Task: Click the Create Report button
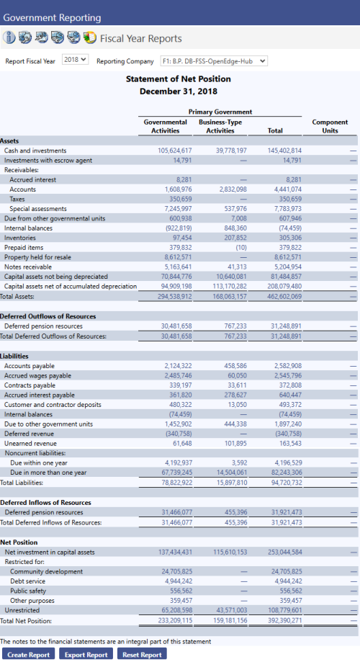tap(29, 654)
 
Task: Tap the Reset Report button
tap(143, 654)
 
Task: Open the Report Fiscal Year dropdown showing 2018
tap(75, 60)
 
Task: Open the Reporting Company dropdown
tap(214, 61)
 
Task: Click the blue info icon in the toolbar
tap(9, 37)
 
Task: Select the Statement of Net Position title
tap(179, 79)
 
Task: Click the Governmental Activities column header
tap(166, 126)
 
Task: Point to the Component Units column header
tap(330, 126)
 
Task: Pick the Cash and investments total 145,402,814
tap(285, 151)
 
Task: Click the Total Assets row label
tap(17, 296)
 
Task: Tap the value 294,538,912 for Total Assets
tap(175, 296)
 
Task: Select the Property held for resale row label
tap(37, 257)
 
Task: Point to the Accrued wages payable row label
tap(37, 376)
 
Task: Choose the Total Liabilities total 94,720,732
tap(287, 483)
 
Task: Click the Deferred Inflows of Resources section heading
tap(45, 502)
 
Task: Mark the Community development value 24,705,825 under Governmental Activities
tap(177, 572)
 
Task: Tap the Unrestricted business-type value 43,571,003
tap(232, 610)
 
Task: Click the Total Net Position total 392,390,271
tap(285, 621)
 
